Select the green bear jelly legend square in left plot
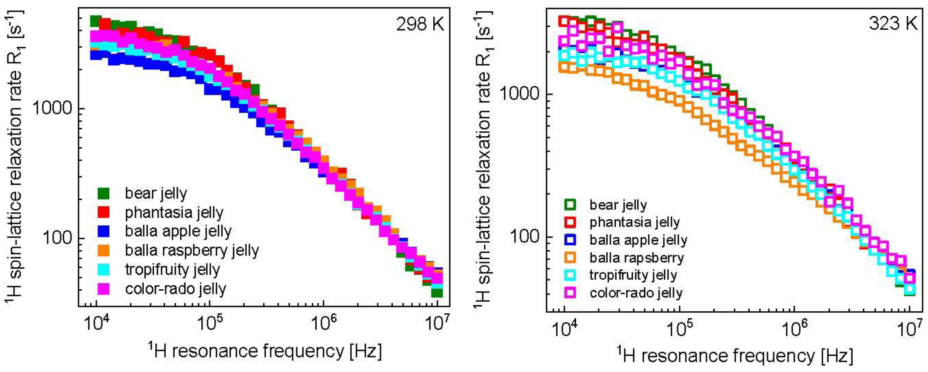(104, 193)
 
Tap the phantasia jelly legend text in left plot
(174, 213)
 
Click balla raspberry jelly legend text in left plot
(192, 250)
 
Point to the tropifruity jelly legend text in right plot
(633, 275)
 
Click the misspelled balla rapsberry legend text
(636, 258)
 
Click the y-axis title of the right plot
(484, 158)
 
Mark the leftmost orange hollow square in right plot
(564, 67)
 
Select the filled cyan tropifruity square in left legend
(104, 269)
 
